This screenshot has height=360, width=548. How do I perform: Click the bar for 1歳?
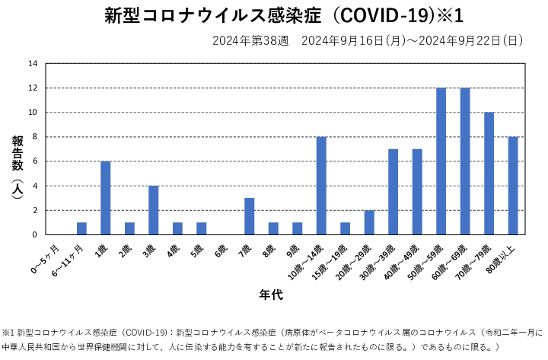(x=106, y=198)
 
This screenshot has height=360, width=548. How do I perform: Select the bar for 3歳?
(x=154, y=210)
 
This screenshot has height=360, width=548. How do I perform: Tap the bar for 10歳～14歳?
(x=321, y=186)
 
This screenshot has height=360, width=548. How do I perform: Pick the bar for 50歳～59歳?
(x=441, y=161)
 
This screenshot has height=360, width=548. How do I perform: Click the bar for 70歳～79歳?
(x=489, y=174)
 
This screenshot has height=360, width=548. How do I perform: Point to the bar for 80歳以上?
(x=513, y=186)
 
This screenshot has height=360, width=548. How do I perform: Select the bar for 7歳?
(x=249, y=216)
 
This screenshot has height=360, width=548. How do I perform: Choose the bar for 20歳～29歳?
(x=369, y=222)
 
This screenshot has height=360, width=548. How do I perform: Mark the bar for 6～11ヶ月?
(x=81, y=228)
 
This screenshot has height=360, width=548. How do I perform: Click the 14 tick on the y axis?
(x=33, y=64)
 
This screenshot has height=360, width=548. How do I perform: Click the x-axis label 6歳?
(x=220, y=249)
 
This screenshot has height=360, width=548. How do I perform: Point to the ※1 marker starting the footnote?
(x=8, y=333)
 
